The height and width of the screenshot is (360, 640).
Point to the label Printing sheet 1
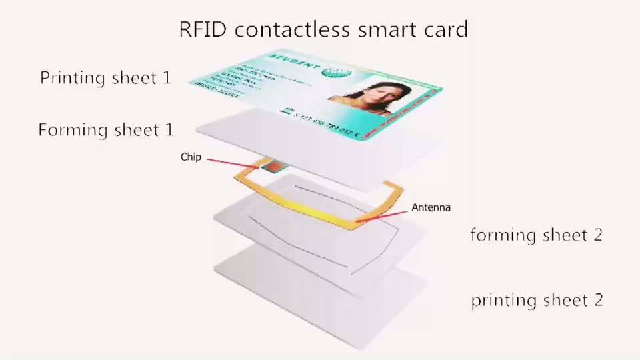pyautogui.click(x=105, y=78)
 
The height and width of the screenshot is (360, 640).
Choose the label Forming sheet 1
pyautogui.click(x=105, y=129)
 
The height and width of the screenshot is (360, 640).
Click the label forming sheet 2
pyautogui.click(x=536, y=235)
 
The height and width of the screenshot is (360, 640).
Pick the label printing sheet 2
pyautogui.click(x=537, y=300)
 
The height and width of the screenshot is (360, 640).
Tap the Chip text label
pyautogui.click(x=190, y=158)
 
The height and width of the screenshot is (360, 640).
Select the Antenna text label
pyautogui.click(x=431, y=207)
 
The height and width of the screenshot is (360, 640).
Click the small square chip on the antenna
pyautogui.click(x=273, y=166)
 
